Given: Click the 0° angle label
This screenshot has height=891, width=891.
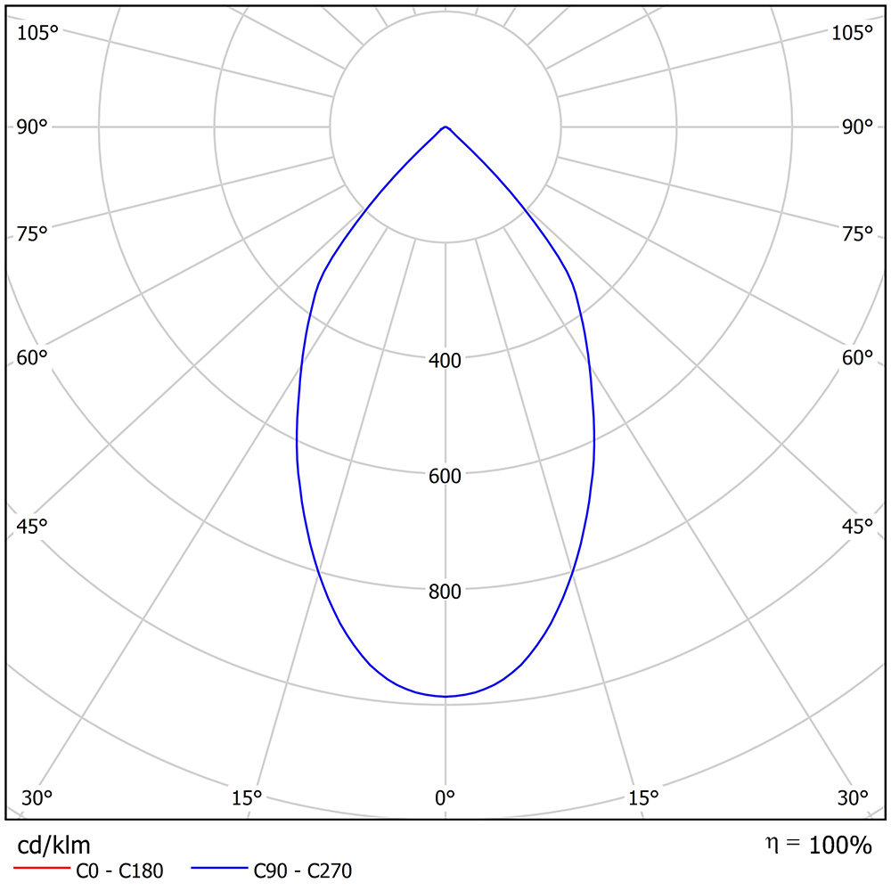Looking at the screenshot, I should tap(445, 797).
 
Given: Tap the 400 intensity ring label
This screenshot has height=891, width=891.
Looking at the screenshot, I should tap(445, 361).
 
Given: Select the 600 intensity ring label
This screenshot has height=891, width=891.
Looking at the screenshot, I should tap(445, 476).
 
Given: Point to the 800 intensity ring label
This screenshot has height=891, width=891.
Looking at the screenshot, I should tap(445, 592).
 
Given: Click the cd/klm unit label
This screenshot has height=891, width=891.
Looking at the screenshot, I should tap(53, 845).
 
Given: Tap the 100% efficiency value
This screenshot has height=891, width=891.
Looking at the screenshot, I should tap(840, 846).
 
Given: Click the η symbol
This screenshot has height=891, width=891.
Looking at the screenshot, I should tap(771, 842).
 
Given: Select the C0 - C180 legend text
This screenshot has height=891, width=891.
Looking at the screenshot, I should tap(119, 871).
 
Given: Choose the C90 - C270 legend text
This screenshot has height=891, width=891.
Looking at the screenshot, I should tap(303, 871).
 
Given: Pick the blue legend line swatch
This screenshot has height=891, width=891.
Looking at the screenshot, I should tap(217, 867).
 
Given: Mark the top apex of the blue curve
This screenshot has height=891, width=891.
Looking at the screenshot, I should tap(445, 127).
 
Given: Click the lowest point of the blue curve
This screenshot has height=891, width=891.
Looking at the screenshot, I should tap(445, 696).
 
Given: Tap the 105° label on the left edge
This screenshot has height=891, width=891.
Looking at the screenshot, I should tap(37, 33).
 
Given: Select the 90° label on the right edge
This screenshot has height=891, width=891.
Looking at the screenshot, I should tap(857, 127).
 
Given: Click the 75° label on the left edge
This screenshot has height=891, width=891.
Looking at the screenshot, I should tap(32, 234).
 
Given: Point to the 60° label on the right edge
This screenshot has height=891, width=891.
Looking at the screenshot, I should tap(857, 358).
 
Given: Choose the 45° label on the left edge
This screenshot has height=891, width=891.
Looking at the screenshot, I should tap(32, 527).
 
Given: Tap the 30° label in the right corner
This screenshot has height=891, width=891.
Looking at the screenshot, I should tap(853, 797).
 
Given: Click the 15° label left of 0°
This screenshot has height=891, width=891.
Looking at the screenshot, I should tap(246, 797).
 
